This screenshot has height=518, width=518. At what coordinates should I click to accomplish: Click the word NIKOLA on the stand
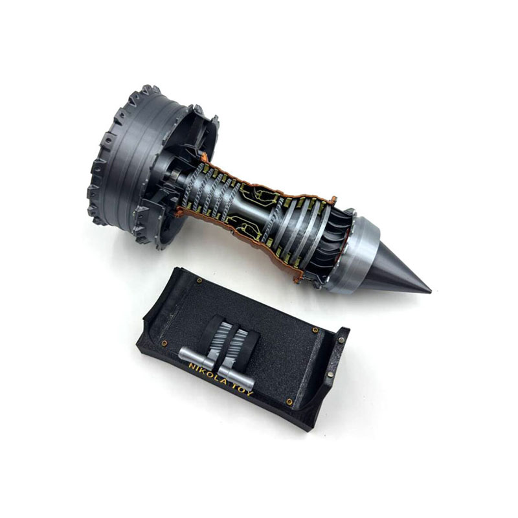click(x=207, y=374)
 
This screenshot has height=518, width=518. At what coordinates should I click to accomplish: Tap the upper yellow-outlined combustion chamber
click(x=261, y=195)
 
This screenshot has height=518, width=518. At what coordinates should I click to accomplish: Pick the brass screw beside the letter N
click(x=164, y=344)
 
